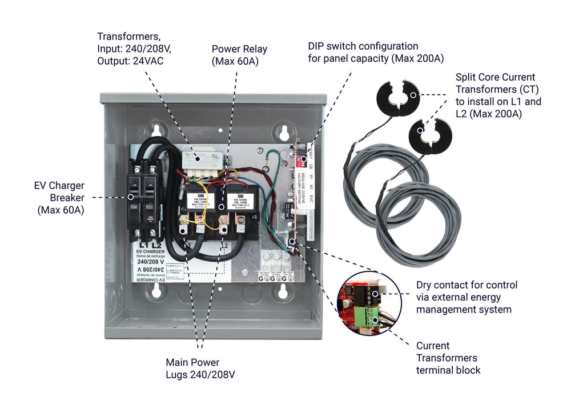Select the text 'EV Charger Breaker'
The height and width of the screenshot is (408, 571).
coord(59,191)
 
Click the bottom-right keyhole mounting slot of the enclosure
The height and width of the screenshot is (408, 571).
coord(282,293)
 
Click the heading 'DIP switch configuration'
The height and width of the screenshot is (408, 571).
coord(363,46)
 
